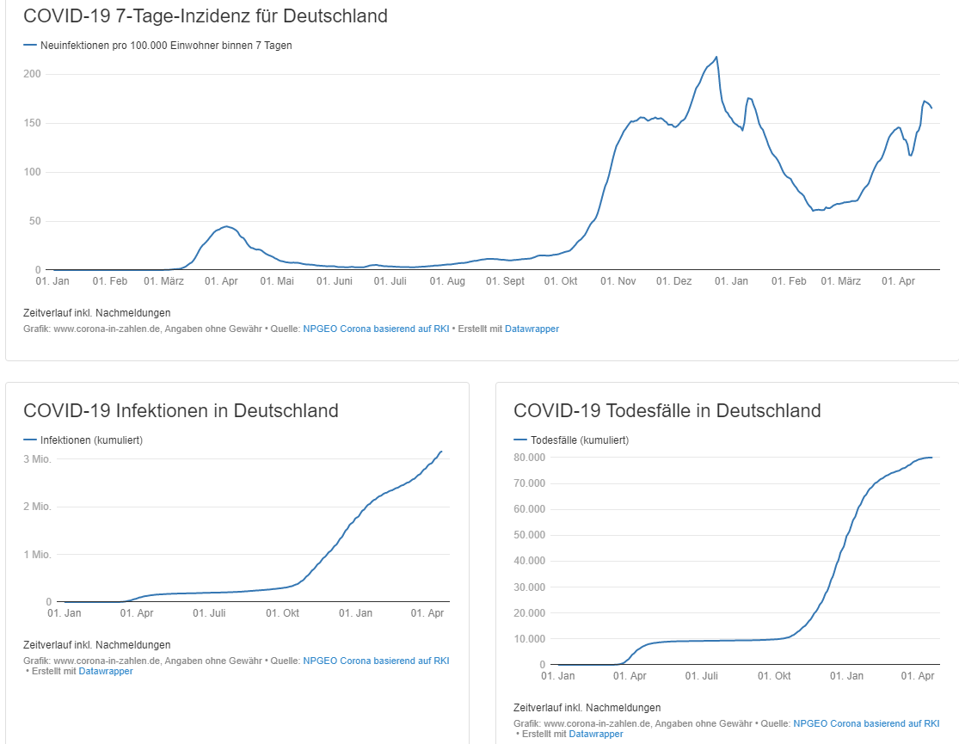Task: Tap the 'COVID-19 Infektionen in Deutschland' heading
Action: pyautogui.click(x=181, y=410)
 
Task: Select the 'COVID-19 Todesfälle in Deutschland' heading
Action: pyautogui.click(x=667, y=410)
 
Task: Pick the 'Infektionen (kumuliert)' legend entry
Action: pyautogui.click(x=91, y=440)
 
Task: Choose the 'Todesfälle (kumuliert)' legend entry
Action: pyautogui.click(x=580, y=440)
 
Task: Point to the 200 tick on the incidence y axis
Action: pyautogui.click(x=33, y=74)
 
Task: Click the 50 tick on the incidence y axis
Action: pyautogui.click(x=35, y=221)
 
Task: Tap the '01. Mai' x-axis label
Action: pyautogui.click(x=280, y=281)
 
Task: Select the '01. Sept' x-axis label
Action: pyautogui.click(x=505, y=281)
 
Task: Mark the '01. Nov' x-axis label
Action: pyautogui.click(x=617, y=281)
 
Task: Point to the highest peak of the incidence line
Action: pyautogui.click(x=716, y=57)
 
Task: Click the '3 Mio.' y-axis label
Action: pyautogui.click(x=37, y=458)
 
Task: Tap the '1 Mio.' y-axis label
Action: pyautogui.click(x=37, y=555)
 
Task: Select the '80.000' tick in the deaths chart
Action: pyautogui.click(x=529, y=457)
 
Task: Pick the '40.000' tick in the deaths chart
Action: pyautogui.click(x=529, y=561)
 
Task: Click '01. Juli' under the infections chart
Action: pyautogui.click(x=210, y=613)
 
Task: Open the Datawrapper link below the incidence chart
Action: pyautogui.click(x=532, y=329)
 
